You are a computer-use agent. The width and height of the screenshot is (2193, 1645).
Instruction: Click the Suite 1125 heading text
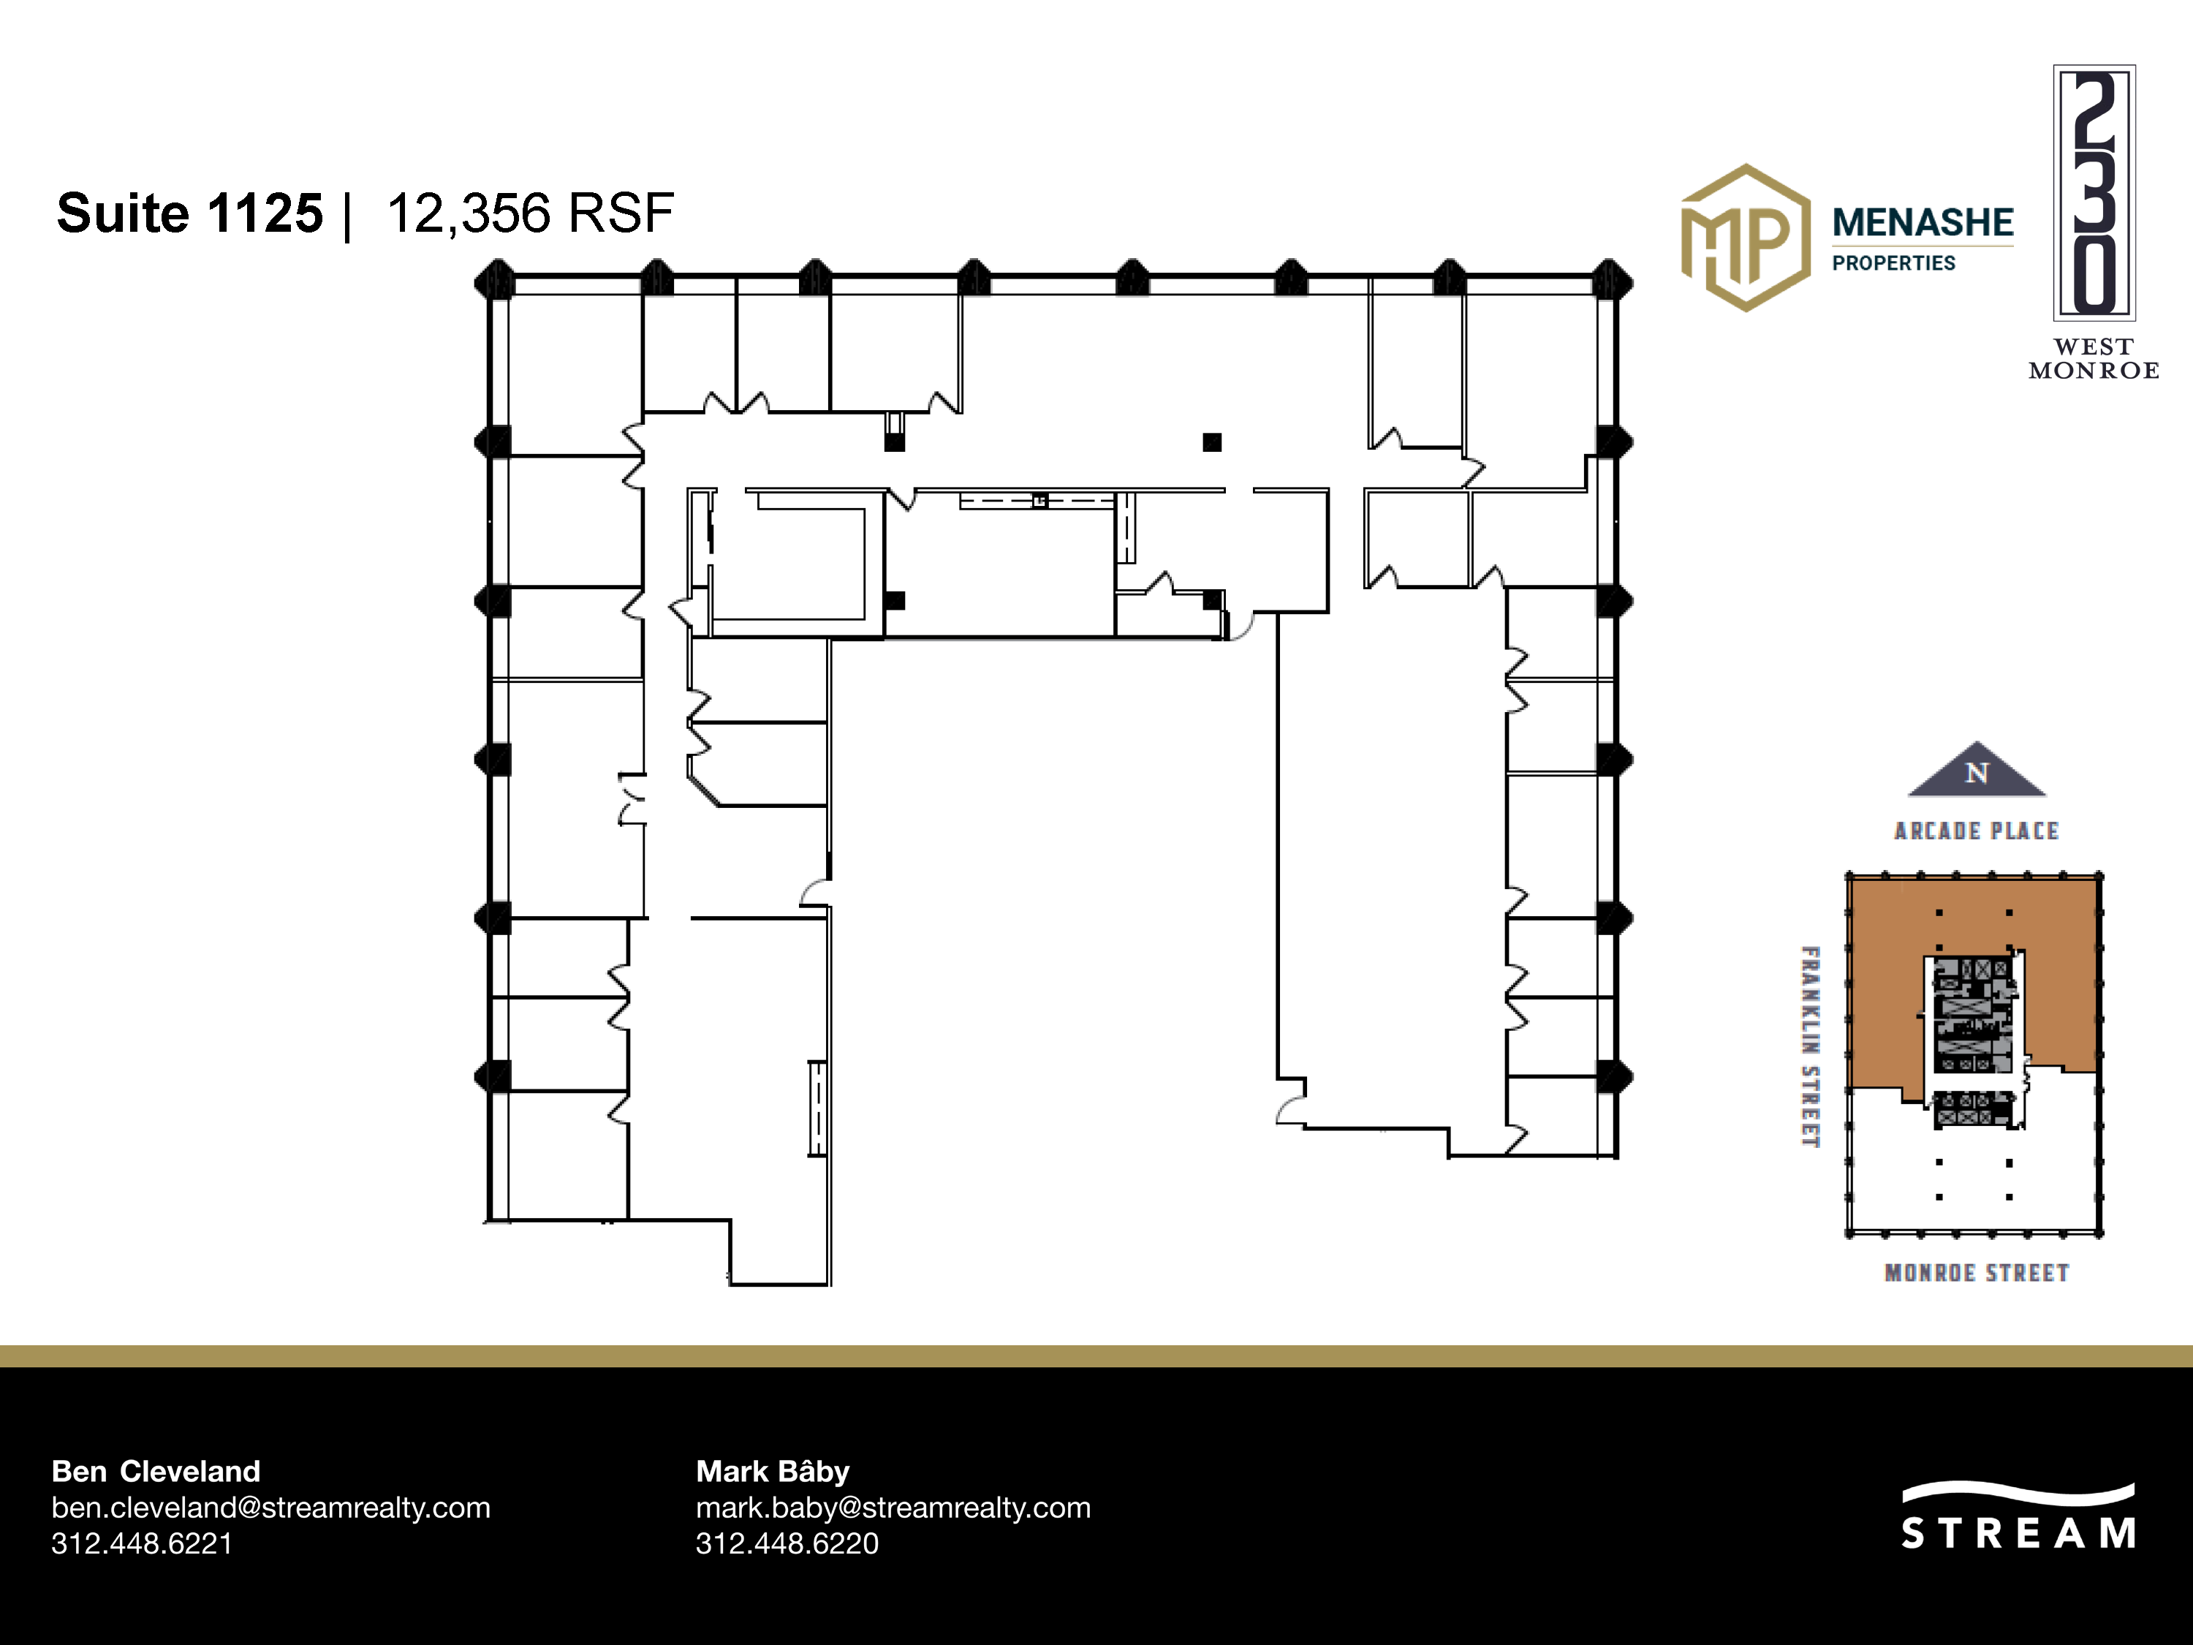pos(189,214)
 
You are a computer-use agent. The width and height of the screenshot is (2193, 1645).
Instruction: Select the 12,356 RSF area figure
pos(531,214)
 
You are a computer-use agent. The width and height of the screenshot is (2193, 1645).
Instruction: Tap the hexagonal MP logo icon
pos(1745,238)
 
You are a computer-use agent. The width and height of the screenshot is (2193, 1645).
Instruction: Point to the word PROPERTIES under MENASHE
pos(1893,262)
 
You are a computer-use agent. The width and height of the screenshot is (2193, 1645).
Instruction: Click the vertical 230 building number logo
pos(2094,193)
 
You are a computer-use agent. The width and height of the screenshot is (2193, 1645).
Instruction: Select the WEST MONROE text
pos(2093,359)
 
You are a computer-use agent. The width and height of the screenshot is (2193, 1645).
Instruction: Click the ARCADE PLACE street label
pos(1976,831)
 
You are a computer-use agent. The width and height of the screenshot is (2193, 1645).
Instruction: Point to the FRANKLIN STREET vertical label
pos(1810,1047)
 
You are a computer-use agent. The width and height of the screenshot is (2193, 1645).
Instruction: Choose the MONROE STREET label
pos(1977,1273)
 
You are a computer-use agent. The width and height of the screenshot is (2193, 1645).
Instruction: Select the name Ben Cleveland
pos(156,1472)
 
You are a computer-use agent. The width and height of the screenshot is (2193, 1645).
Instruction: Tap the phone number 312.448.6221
pos(142,1544)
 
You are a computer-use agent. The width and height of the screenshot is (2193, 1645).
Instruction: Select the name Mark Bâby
pos(773,1472)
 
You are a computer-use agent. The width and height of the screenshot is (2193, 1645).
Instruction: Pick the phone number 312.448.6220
pos(787,1544)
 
